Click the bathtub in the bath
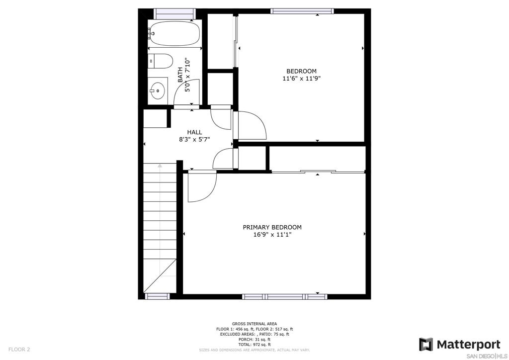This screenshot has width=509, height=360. (174, 33)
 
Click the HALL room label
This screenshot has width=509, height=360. (194, 132)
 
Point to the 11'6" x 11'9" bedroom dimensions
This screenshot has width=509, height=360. (302, 78)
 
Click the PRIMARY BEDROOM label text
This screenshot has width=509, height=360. (272, 227)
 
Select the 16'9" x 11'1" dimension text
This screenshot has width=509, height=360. (272, 235)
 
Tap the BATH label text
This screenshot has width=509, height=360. (180, 75)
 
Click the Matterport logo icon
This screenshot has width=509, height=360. (426, 344)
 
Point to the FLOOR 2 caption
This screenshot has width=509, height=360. (19, 350)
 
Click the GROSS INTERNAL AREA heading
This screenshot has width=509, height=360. (254, 324)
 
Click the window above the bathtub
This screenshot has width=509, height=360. (174, 13)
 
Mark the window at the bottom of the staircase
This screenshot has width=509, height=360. (157, 296)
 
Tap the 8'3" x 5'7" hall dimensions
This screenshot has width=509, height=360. (194, 140)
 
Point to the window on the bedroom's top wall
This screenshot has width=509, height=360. (302, 11)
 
